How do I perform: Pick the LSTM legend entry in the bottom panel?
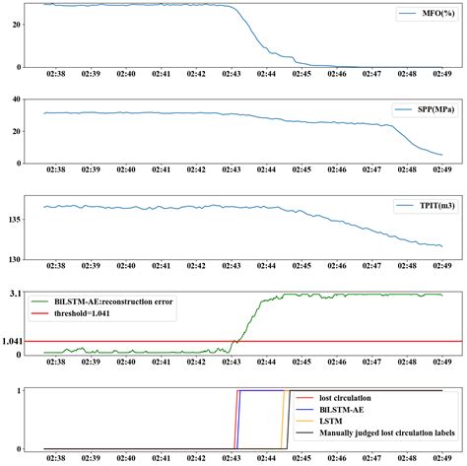pos(334,423)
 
